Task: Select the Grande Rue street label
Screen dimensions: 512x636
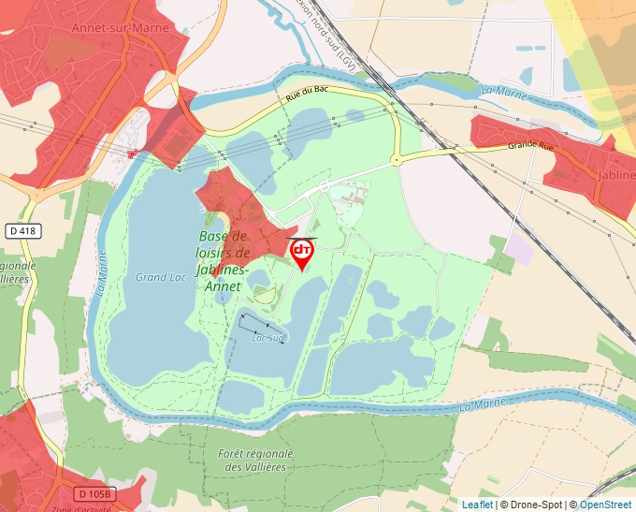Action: (x=531, y=145)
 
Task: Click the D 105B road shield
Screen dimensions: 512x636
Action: (x=94, y=493)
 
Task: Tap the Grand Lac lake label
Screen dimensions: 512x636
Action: (x=161, y=277)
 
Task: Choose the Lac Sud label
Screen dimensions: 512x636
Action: (x=269, y=338)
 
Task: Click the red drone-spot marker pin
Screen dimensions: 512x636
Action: (x=302, y=253)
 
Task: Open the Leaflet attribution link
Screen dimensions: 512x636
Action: (x=477, y=505)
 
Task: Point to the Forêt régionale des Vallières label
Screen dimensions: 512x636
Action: (x=254, y=460)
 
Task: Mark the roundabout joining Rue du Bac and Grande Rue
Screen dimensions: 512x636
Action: (x=396, y=160)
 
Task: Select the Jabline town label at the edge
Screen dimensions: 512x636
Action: (x=614, y=175)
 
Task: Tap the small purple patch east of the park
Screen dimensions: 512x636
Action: (x=519, y=249)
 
